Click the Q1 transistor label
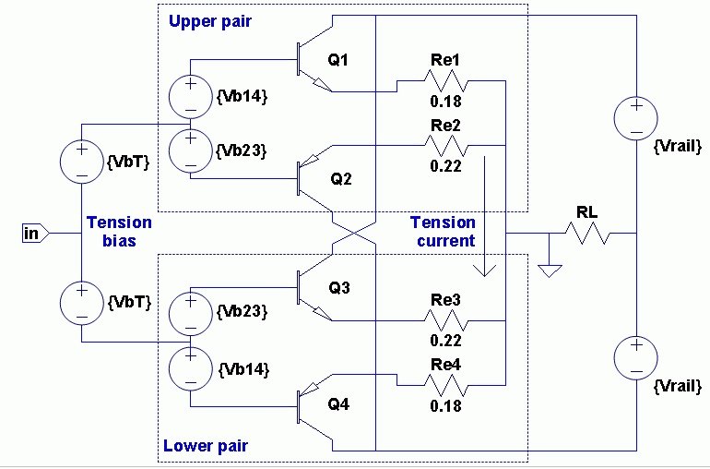tap(337, 60)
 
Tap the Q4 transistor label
tap(338, 403)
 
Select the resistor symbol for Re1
tap(445, 80)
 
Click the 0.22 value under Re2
tap(446, 166)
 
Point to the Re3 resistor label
tap(445, 300)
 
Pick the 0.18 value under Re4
tap(446, 405)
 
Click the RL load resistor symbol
tap(587, 234)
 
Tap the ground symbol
tap(550, 271)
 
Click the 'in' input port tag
tap(35, 234)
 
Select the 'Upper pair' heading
tap(209, 21)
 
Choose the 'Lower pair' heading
tap(206, 446)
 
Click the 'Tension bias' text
tap(119, 232)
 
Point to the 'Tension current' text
tap(443, 232)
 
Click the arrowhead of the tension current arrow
tap(484, 271)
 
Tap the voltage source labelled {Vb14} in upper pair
tap(191, 97)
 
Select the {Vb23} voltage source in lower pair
tap(191, 314)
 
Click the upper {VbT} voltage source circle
tap(82, 162)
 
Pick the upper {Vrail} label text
tap(678, 147)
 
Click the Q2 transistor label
tap(341, 179)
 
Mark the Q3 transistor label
tap(338, 287)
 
